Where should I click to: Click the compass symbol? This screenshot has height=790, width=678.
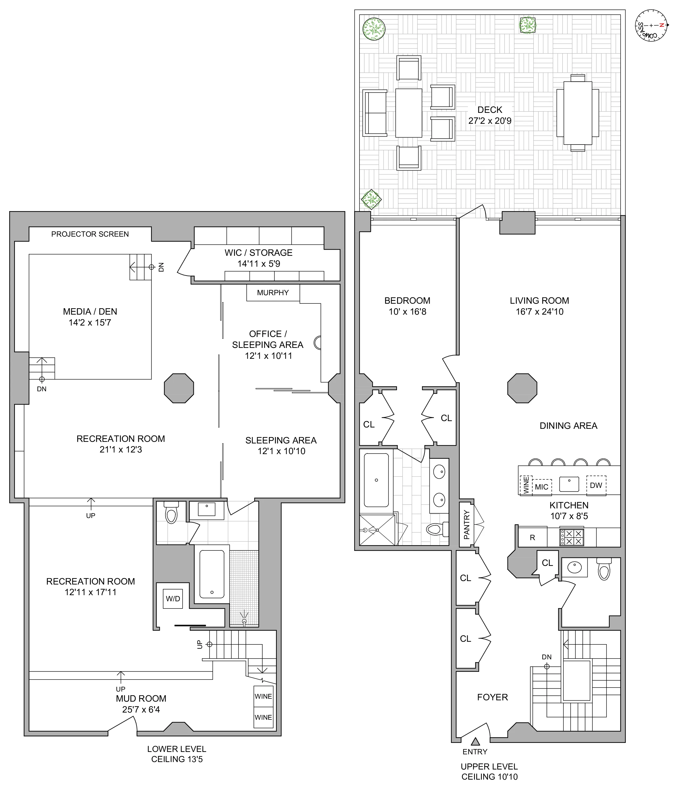(x=651, y=25)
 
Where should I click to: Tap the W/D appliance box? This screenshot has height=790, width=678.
(x=173, y=599)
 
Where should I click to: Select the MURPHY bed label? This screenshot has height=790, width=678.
(x=273, y=293)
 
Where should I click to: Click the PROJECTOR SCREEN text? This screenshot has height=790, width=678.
(x=90, y=234)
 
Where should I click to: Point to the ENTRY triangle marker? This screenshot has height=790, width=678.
(x=475, y=741)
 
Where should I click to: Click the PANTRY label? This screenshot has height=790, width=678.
(x=467, y=525)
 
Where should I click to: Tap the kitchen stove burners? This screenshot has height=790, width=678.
(x=571, y=537)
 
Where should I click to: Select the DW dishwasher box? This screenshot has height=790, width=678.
(x=596, y=485)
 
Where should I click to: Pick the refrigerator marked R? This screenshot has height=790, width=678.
(x=533, y=538)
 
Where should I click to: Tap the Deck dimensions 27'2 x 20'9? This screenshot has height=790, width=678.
(x=490, y=121)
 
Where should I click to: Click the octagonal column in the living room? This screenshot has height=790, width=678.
(x=522, y=388)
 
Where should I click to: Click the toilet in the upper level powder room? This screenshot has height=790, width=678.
(x=604, y=569)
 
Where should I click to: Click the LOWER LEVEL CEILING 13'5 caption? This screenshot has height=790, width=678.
(x=177, y=754)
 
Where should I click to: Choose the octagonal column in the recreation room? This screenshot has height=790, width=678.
(x=179, y=388)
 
